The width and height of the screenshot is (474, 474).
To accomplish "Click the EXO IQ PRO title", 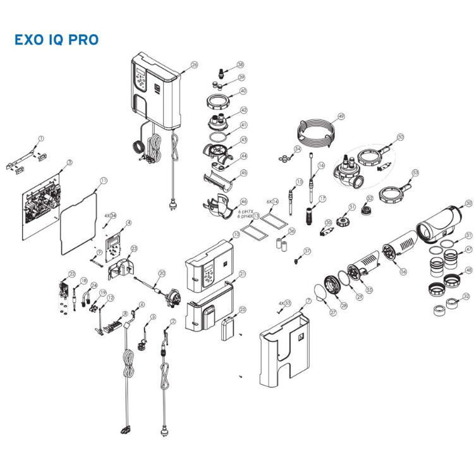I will [56, 40].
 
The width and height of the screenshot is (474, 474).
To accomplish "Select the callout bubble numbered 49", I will [341, 116].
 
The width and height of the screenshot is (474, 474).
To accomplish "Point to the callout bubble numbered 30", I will [468, 204].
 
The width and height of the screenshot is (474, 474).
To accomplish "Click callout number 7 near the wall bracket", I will [308, 301].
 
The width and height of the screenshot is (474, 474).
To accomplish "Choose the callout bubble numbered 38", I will [240, 64].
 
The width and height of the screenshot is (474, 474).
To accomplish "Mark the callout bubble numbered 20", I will [162, 273].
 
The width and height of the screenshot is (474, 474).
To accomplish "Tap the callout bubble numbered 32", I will [466, 296].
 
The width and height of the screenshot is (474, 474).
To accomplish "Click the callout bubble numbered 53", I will [415, 172].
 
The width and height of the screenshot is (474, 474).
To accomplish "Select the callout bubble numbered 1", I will [42, 138].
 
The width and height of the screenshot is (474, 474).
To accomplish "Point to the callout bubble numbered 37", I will [308, 251].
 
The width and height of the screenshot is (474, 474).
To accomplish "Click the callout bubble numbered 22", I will [72, 274].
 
